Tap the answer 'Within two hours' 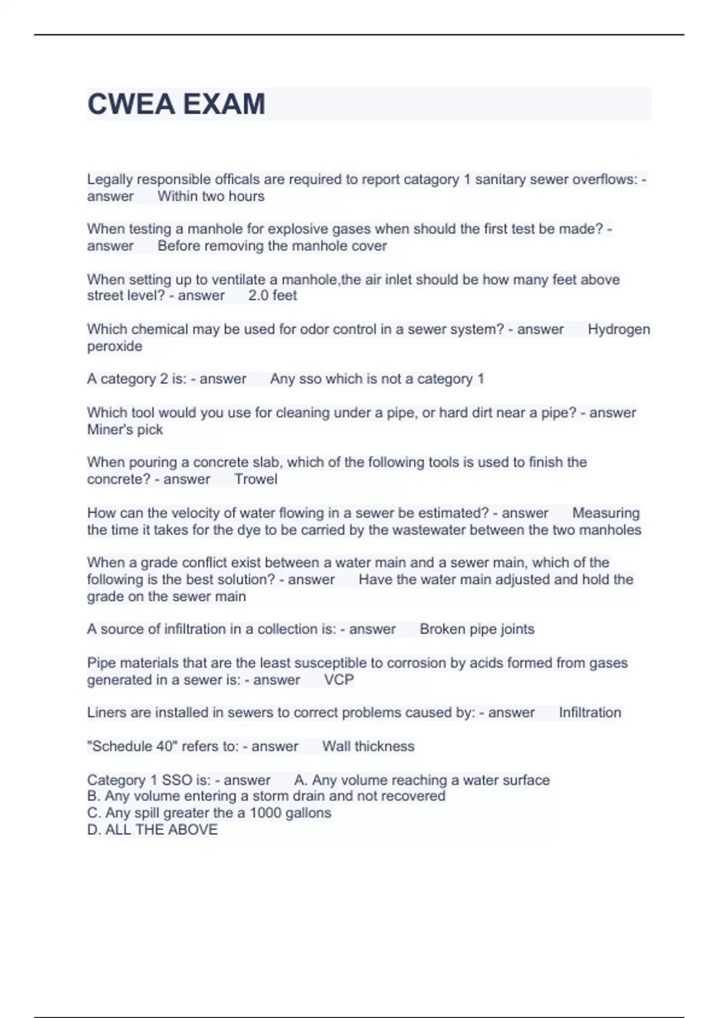pyautogui.click(x=211, y=196)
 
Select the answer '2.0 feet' pyautogui.click(x=273, y=295)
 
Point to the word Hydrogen pyautogui.click(x=618, y=329)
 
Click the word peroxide pyautogui.click(x=114, y=346)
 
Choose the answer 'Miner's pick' pyautogui.click(x=125, y=429)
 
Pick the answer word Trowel pyautogui.click(x=256, y=479)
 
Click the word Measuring pyautogui.click(x=606, y=513)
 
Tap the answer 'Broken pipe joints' pyautogui.click(x=477, y=629)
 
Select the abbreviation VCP pyautogui.click(x=339, y=680)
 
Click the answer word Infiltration pyautogui.click(x=590, y=713)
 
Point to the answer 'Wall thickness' pyautogui.click(x=368, y=746)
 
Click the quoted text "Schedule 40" pyautogui.click(x=132, y=746)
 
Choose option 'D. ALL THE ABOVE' pyautogui.click(x=152, y=829)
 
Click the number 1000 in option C pyautogui.click(x=265, y=813)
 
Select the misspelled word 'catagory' pyautogui.click(x=431, y=180)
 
